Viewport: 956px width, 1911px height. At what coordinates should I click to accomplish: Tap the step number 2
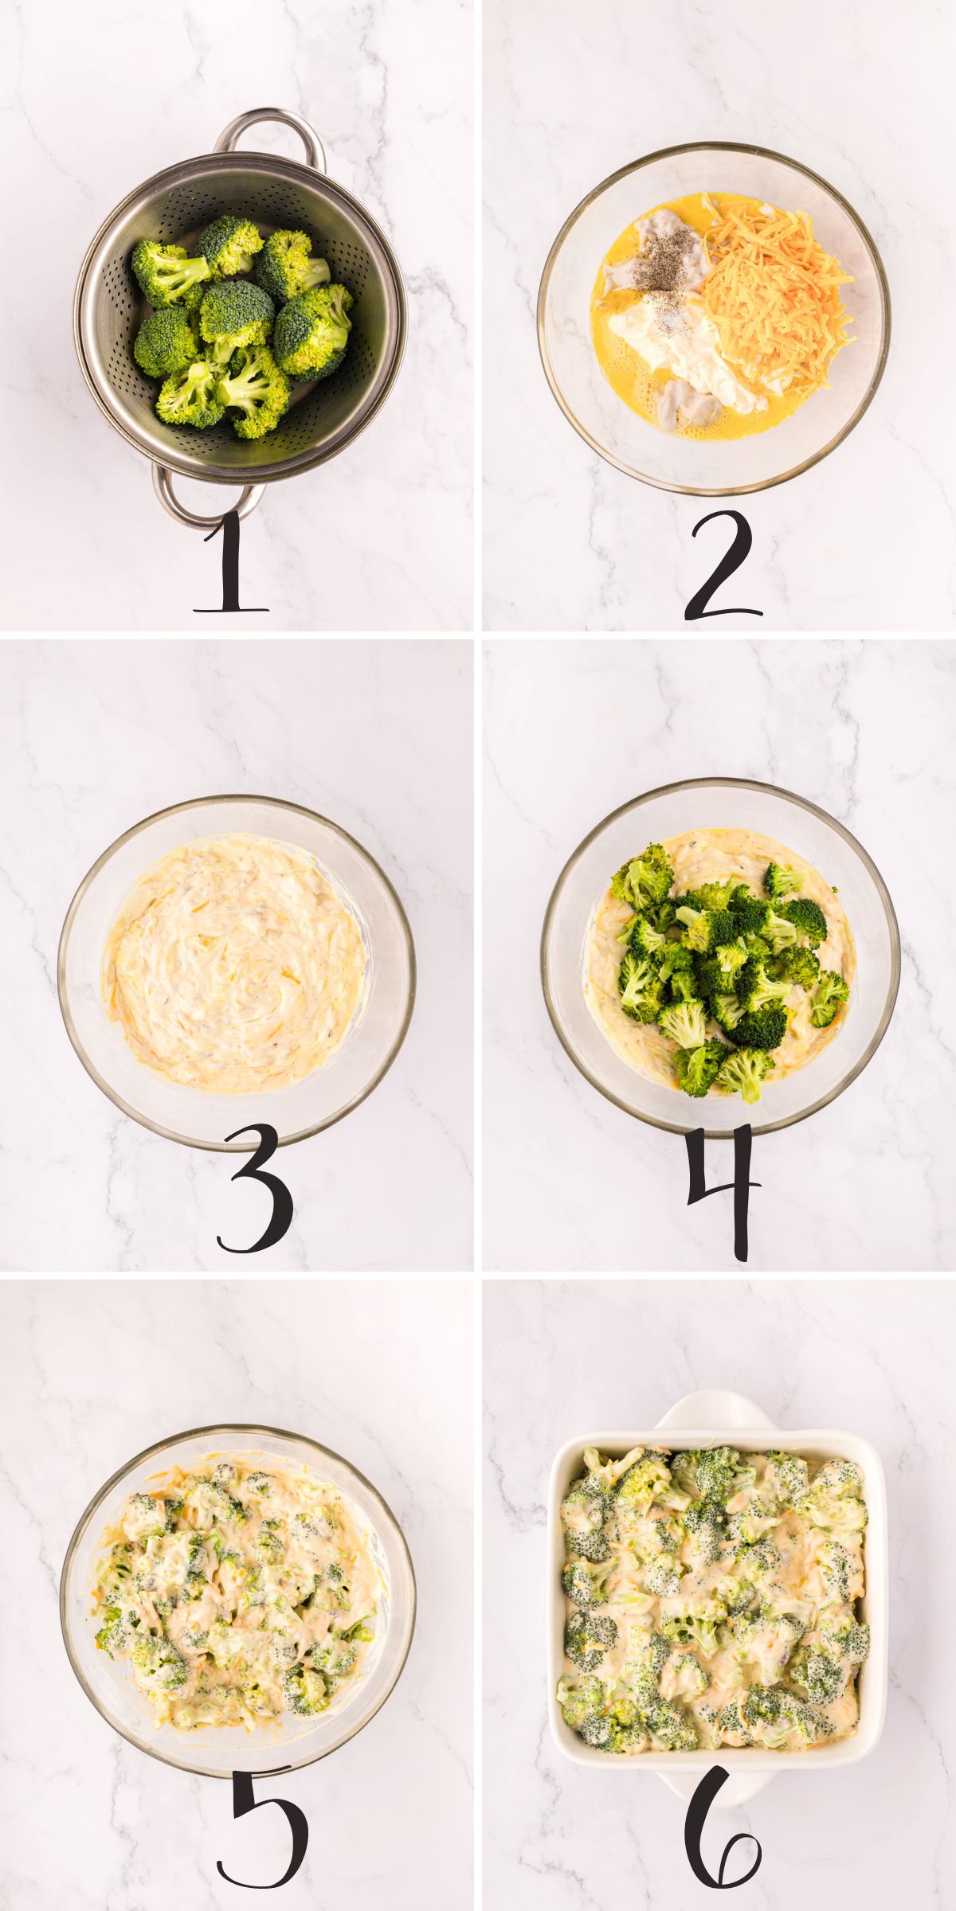pyautogui.click(x=722, y=565)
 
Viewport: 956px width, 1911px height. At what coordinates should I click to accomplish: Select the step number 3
pyautogui.click(x=255, y=1188)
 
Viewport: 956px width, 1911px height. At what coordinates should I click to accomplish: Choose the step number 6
pyautogui.click(x=721, y=1831)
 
